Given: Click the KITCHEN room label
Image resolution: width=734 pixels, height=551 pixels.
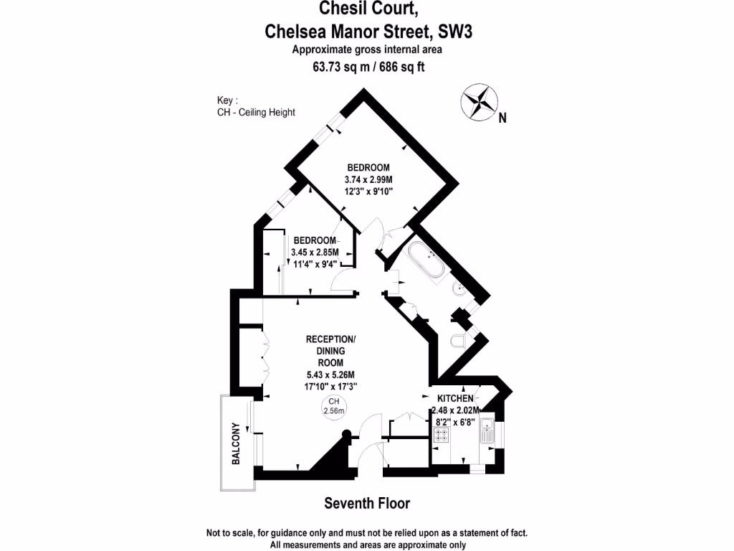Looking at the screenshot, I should [x=455, y=398].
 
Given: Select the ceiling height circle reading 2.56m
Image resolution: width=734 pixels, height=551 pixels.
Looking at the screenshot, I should [x=334, y=407].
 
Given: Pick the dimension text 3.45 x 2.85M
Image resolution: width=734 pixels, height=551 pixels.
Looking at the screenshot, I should [x=315, y=252].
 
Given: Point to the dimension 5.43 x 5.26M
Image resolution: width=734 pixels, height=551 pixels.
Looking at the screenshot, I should [x=330, y=375].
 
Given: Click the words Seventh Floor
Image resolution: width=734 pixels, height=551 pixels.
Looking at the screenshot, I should [x=367, y=503].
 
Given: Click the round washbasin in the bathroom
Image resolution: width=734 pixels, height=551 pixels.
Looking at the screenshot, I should [x=459, y=290].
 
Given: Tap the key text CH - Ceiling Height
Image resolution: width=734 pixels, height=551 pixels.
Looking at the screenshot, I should [x=256, y=112].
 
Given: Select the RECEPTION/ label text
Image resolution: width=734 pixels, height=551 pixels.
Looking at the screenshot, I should [x=330, y=339].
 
